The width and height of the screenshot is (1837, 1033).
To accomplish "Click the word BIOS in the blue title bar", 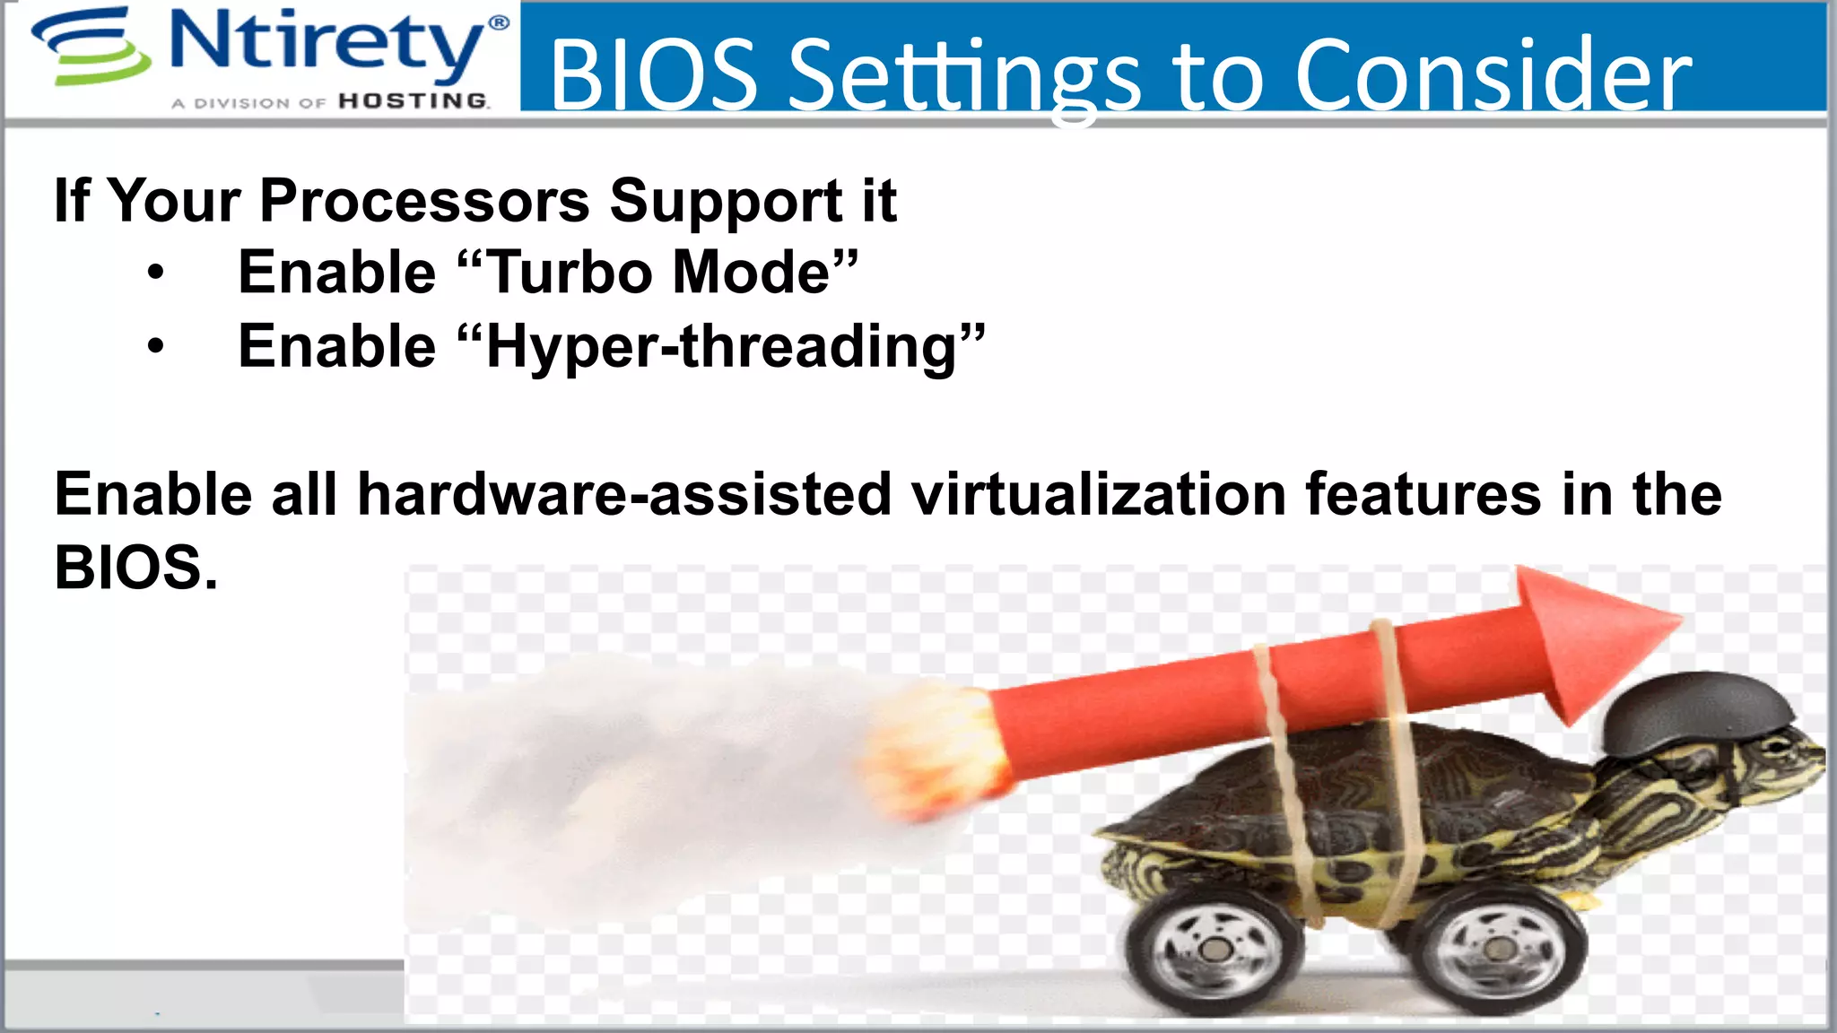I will pyautogui.click(x=653, y=75).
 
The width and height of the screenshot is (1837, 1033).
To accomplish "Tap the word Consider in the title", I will pyautogui.click(x=1493, y=75).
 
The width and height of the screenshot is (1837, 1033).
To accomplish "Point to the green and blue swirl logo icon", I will pyautogui.click(x=90, y=47).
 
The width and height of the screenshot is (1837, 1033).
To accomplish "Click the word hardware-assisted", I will pyautogui.click(x=624, y=495).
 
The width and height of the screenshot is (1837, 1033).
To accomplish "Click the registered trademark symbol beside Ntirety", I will pyautogui.click(x=498, y=22).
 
